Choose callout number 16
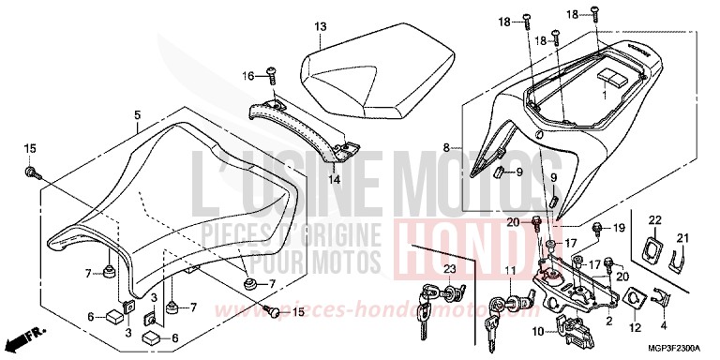pyautogui.click(x=248, y=74)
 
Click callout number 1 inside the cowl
pyautogui.click(x=605, y=94)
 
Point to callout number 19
pyautogui.click(x=593, y=229)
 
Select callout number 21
pyautogui.click(x=682, y=236)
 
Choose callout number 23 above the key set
pyautogui.click(x=449, y=269)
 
